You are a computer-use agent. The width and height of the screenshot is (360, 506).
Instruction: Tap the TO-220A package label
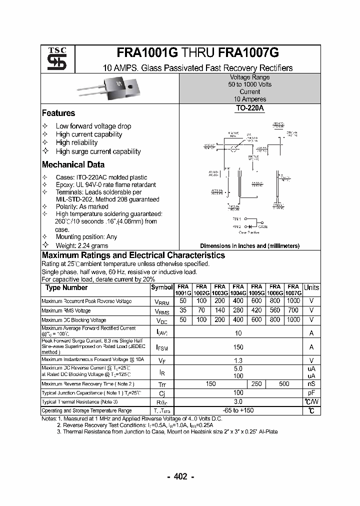[249, 108]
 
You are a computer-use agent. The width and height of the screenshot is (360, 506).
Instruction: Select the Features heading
[58, 113]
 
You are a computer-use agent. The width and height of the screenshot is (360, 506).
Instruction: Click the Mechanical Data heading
[73, 165]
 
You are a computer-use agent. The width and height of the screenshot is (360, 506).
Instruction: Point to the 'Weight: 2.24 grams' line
[82, 245]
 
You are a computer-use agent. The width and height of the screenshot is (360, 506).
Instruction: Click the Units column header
[311, 287]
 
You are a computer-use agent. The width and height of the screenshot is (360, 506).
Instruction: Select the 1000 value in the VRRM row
[293, 301]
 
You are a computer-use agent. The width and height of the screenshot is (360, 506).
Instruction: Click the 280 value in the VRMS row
[238, 310]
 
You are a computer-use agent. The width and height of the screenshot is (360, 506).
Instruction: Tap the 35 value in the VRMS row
[182, 310]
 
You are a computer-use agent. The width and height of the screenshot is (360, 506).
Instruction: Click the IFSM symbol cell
[162, 346]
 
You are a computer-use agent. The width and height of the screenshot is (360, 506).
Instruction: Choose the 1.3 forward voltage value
[238, 360]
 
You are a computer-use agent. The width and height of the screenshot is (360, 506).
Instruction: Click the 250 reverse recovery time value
[256, 383]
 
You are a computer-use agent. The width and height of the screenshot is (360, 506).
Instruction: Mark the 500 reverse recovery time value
[284, 383]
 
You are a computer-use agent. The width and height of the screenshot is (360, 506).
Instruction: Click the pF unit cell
[311, 392]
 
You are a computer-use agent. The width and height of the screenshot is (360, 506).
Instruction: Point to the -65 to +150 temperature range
[238, 410]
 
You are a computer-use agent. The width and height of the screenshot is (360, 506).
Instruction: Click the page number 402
[180, 476]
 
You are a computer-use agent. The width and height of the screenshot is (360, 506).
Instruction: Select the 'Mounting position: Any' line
[86, 237]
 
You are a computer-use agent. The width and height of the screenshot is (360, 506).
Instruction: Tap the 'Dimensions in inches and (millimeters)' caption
[249, 246]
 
